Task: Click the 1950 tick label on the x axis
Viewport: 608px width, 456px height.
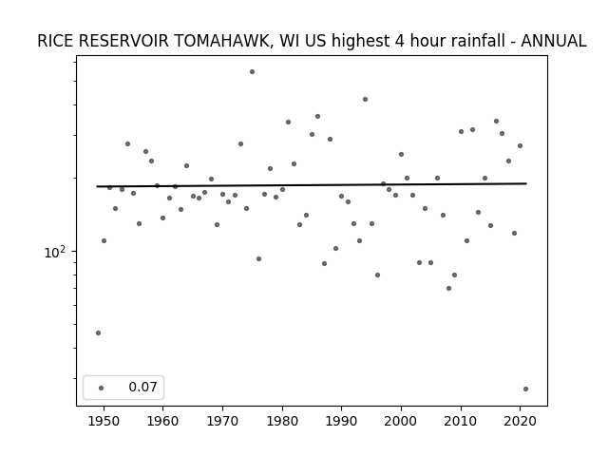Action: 104,421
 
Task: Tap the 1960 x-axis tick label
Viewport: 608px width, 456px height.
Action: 162,421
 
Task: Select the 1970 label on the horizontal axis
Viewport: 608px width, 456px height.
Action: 222,421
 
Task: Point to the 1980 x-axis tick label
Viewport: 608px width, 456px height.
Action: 282,421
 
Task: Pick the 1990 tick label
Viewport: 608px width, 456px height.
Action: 342,421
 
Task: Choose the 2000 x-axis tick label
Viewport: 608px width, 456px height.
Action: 401,421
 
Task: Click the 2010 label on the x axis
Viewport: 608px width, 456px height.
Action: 461,421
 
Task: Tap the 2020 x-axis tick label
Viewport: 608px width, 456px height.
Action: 521,421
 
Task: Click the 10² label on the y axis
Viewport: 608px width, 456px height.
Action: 55,253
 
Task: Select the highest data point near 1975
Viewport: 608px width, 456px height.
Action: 252,72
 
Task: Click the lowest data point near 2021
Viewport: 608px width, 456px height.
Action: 525,389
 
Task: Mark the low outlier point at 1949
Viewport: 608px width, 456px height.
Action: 98,333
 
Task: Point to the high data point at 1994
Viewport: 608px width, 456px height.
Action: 365,99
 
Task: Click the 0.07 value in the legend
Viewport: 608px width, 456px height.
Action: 142,387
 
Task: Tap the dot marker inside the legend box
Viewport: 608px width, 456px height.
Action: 102,388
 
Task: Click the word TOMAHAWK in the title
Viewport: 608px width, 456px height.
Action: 223,41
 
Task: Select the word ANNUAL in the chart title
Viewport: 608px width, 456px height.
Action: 553,41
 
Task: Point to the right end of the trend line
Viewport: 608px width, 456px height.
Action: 526,183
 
